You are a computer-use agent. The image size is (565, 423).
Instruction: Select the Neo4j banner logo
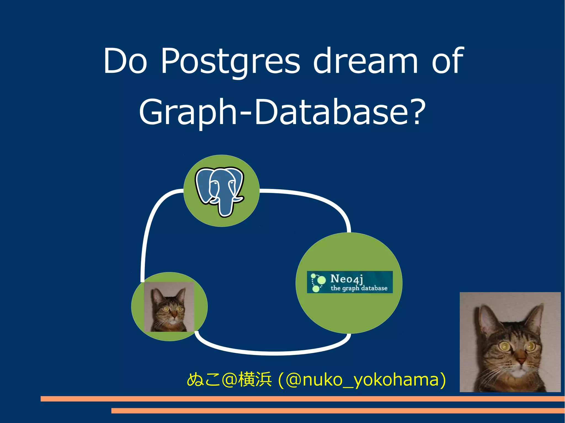tap(350, 282)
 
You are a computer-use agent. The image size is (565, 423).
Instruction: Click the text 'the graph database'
tap(359, 288)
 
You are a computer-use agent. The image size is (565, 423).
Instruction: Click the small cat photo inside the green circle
tap(169, 307)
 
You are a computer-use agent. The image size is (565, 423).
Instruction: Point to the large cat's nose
tap(521, 360)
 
